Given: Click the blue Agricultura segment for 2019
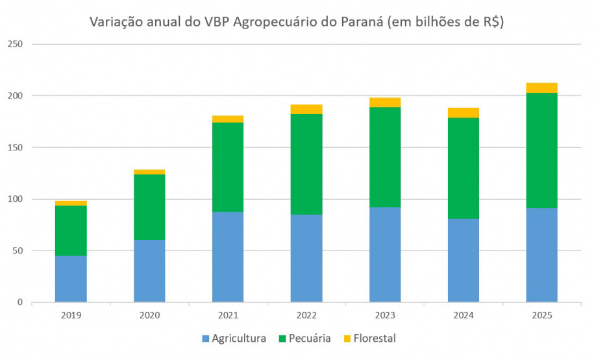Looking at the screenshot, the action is point(71,279).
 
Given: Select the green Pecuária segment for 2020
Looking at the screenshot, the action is point(149,207).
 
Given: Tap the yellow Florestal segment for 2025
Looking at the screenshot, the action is point(541,88).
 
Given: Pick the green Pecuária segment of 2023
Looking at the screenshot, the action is point(385,157).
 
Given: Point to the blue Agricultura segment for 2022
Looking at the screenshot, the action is point(306,259).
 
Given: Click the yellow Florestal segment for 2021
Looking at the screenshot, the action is point(228,119).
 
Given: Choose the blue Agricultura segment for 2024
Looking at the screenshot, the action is point(464,261).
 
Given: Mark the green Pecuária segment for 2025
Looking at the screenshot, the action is point(541,150).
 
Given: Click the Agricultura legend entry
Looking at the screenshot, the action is point(234,338).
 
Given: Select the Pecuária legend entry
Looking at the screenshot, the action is point(305,338).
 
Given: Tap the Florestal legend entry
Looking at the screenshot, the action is point(370,338).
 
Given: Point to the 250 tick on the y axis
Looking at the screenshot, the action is point(15,44).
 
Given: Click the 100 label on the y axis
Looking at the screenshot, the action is point(15,198).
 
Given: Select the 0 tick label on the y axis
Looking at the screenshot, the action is point(20,302).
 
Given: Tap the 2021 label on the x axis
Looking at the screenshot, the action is point(228,315).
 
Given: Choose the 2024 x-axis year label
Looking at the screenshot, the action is point(464,315).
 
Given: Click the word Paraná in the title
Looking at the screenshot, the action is point(362,22).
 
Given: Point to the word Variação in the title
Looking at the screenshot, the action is point(116,22).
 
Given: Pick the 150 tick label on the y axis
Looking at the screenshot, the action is point(15,147).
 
